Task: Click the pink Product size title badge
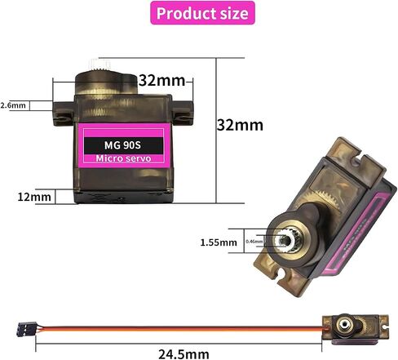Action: [x=202, y=13]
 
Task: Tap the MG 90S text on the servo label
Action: [x=122, y=145]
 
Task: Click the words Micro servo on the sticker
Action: [x=123, y=158]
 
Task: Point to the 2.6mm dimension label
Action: [x=13, y=105]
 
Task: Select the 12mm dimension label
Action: [x=34, y=197]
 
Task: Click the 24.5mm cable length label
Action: [x=184, y=354]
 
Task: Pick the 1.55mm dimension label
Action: [x=219, y=242]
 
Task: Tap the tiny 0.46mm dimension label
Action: [x=254, y=242]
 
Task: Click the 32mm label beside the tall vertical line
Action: [x=240, y=125]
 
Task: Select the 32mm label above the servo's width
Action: [x=161, y=81]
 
